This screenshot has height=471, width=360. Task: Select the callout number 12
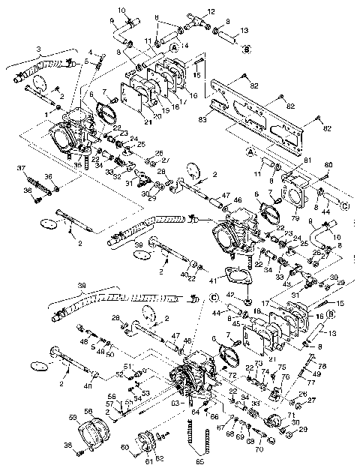(211, 11)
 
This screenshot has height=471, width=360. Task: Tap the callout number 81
(305, 161)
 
